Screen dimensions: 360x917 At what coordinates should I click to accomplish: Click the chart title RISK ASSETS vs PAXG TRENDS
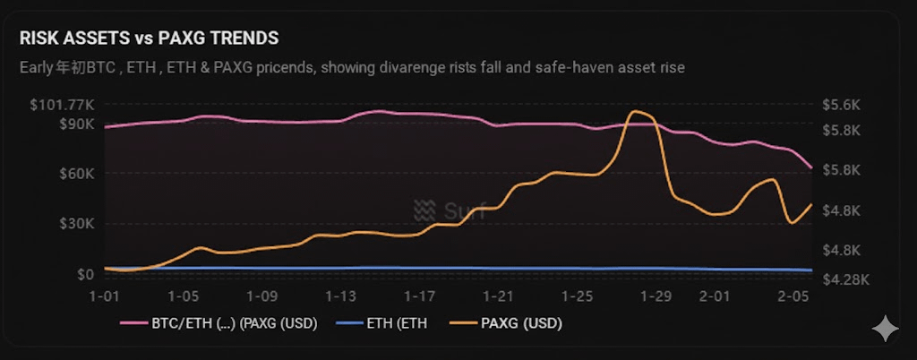coord(149,39)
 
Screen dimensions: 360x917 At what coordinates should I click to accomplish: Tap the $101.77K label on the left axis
coord(61,105)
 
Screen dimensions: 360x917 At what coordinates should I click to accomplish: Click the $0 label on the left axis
coord(86,274)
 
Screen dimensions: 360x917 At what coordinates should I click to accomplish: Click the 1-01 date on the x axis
coord(106,296)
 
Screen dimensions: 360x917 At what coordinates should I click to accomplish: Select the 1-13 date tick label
coord(341,296)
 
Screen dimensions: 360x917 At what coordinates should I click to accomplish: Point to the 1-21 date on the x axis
coord(499,296)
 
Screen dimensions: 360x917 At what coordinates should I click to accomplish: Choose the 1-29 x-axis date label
coord(656,296)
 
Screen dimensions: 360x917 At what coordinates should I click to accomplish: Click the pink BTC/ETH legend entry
coord(228,322)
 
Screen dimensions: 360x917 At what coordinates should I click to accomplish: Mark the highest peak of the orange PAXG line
coord(638,112)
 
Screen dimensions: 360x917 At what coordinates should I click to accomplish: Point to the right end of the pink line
coord(811,167)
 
